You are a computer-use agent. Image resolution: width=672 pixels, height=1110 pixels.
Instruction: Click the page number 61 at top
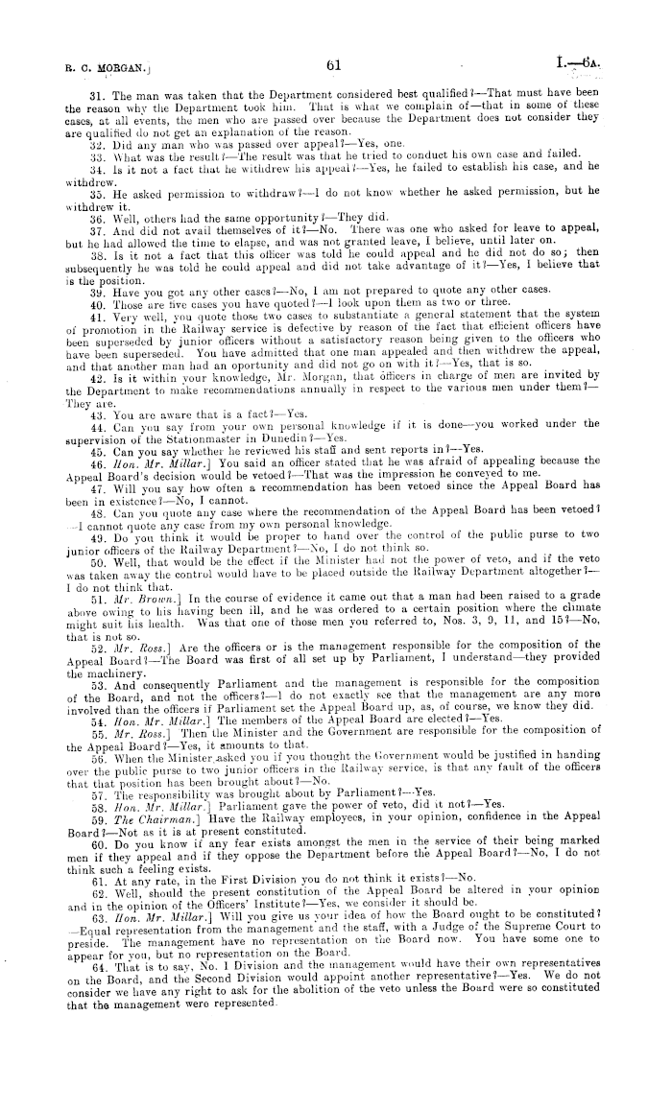point(334,66)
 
